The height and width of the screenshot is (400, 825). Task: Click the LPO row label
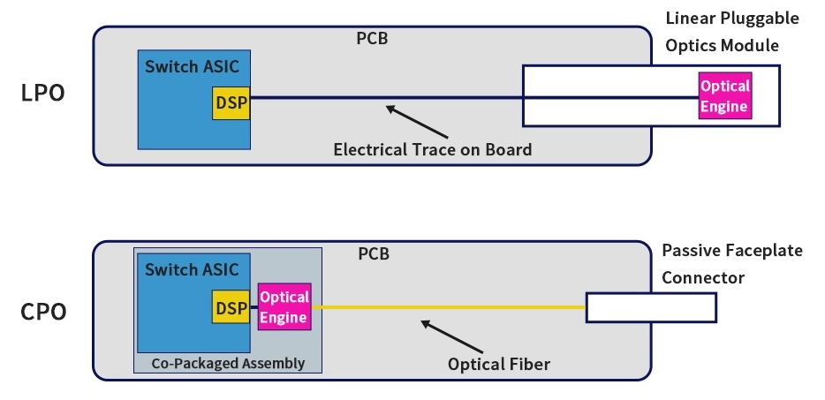42,94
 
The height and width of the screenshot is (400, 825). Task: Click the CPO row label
43,312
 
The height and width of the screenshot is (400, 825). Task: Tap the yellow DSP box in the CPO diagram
231,307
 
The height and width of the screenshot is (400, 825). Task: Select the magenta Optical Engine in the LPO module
724,96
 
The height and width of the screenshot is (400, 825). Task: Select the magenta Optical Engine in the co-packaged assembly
284,307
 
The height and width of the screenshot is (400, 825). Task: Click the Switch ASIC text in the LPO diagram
192,65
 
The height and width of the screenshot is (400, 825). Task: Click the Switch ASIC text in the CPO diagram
192,269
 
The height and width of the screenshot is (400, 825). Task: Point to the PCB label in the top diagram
371,39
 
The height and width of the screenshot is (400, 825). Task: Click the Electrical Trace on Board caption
432,149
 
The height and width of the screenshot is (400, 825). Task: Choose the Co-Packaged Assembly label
228,362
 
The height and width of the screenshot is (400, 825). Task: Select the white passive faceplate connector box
650,307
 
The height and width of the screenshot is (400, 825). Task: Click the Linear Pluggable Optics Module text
732,31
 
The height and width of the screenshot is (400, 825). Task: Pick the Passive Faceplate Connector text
732,264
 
